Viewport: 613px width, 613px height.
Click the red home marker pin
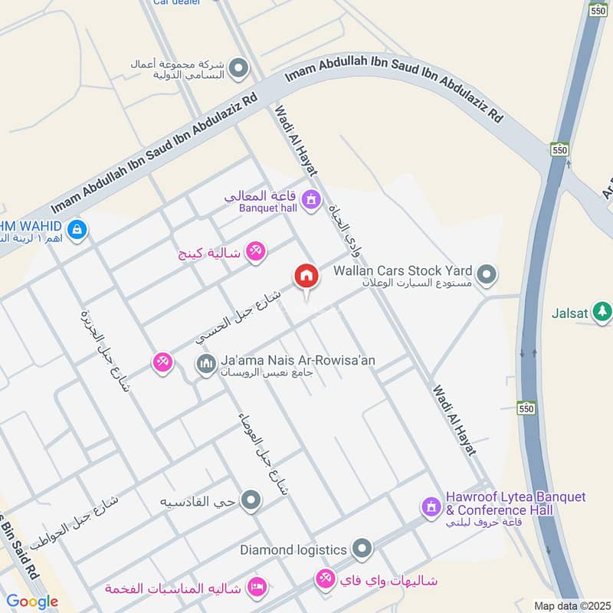pos(306,277)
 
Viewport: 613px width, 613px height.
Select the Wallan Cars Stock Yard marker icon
pos(486,274)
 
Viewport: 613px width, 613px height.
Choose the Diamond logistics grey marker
pos(362,549)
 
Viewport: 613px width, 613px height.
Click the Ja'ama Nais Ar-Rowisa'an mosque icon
pos(206,364)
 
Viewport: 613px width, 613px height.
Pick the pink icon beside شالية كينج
pos(256,251)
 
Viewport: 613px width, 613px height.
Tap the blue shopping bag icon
pos(76,228)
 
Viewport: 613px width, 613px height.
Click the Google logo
pos(32,602)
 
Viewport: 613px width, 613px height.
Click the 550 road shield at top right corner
pos(598,10)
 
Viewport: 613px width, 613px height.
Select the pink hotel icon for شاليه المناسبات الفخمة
pos(258,587)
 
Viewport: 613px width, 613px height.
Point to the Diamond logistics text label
pos(294,549)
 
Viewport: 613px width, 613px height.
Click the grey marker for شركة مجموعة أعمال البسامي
pos(238,69)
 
